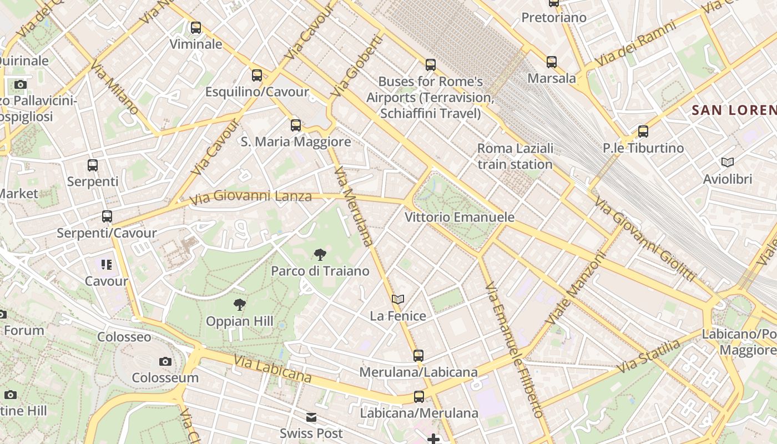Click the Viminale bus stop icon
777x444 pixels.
click(x=196, y=28)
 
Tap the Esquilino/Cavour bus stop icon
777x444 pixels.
click(x=257, y=75)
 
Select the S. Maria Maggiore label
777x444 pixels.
click(x=296, y=142)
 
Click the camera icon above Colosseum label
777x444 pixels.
click(x=165, y=362)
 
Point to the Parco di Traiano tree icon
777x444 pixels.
click(x=320, y=255)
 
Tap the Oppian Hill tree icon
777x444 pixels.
click(x=240, y=304)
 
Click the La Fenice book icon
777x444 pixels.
click(x=398, y=300)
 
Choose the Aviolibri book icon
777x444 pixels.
click(x=727, y=163)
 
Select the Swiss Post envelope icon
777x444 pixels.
click(x=311, y=417)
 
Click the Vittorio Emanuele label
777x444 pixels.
click(x=460, y=217)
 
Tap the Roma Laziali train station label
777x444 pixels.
click(x=515, y=156)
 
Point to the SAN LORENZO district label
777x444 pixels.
click(x=734, y=110)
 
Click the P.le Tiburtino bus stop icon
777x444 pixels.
click(x=643, y=132)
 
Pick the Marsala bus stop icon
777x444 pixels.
click(x=551, y=62)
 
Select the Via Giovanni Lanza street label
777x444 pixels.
click(x=250, y=196)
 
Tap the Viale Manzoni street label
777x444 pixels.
click(x=575, y=289)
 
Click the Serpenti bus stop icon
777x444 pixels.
click(x=93, y=165)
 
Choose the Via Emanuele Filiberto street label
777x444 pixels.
click(x=514, y=350)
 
